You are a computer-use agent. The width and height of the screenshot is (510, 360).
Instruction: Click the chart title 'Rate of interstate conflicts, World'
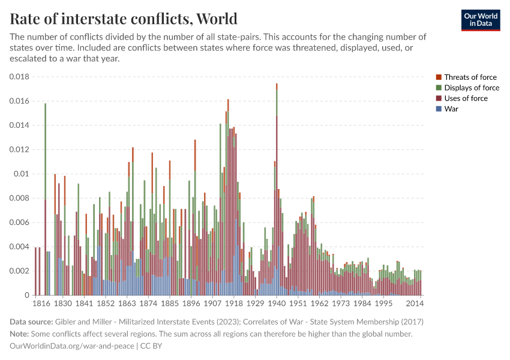click(x=124, y=19)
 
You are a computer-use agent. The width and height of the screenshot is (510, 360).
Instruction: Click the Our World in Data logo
click(x=480, y=20)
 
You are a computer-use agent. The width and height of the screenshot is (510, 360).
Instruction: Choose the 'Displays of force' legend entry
click(x=472, y=88)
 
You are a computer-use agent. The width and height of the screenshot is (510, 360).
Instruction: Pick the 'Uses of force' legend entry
click(x=466, y=98)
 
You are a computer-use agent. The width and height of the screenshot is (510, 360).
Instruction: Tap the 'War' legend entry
click(x=451, y=109)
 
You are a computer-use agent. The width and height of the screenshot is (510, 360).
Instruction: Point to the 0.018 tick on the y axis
click(x=19, y=77)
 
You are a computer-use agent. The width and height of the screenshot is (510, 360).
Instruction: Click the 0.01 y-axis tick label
click(x=21, y=174)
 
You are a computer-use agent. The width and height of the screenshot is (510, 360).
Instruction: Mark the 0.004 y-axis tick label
click(x=19, y=247)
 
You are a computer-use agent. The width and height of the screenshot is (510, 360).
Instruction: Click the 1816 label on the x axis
click(x=41, y=304)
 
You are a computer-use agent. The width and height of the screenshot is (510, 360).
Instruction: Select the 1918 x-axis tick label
click(x=234, y=304)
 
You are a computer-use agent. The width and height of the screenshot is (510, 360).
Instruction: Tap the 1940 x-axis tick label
click(x=277, y=304)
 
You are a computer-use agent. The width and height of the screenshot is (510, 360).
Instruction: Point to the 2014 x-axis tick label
click(x=416, y=304)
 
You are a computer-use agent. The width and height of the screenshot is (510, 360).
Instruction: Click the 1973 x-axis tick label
click(x=341, y=304)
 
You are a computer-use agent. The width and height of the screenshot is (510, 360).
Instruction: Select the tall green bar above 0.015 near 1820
click(x=45, y=150)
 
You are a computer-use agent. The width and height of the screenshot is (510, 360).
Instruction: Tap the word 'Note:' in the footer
click(x=21, y=334)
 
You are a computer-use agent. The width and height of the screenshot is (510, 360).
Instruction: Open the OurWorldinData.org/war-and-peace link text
click(x=72, y=346)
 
